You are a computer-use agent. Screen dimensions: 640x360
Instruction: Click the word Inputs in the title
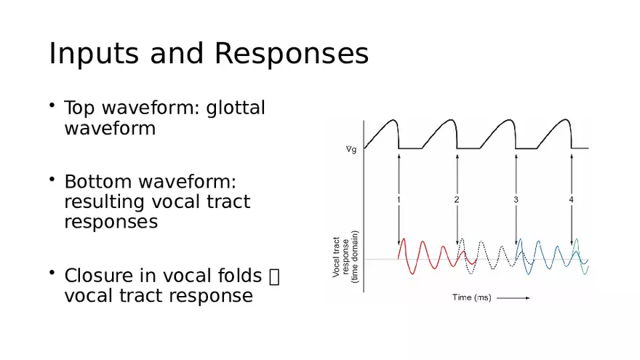pos(94,55)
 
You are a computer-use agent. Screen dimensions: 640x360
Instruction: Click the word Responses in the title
pos(292,54)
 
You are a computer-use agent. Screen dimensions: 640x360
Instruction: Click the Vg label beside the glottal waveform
pos(351,149)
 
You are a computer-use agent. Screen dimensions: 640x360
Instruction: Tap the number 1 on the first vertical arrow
pos(399,199)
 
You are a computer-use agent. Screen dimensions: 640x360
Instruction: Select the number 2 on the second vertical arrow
pos(457,199)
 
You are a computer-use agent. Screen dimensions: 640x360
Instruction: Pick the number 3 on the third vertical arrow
pos(516,199)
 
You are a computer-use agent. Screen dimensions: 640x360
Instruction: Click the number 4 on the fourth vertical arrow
pos(571,199)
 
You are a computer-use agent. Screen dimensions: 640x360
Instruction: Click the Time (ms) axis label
pos(472,297)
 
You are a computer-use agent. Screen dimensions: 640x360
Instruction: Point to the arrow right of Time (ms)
pos(513,298)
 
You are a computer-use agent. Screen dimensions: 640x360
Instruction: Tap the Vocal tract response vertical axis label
pos(345,257)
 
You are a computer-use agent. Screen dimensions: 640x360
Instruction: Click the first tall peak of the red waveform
pos(404,239)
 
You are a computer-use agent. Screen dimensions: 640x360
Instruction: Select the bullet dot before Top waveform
pos(52,105)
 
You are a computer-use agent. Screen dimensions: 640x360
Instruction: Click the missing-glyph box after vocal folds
pos(275,276)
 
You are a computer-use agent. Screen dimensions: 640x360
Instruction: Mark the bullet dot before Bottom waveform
pos(52,179)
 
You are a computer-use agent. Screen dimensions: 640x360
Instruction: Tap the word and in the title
pos(177,54)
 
